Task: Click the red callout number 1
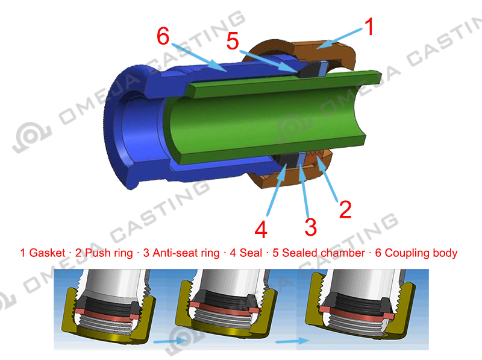369,27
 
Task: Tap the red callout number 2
345,209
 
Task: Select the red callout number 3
310,227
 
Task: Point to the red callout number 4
261,230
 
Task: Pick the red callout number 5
233,41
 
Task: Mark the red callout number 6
163,36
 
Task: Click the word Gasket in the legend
47,253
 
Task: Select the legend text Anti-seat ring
186,253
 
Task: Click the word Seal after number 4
251,253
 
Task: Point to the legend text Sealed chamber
324,253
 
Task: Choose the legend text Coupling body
421,253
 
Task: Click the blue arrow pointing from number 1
340,38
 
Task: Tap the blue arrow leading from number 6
199,57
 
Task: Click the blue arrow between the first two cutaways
170,341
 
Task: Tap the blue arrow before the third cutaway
292,341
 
